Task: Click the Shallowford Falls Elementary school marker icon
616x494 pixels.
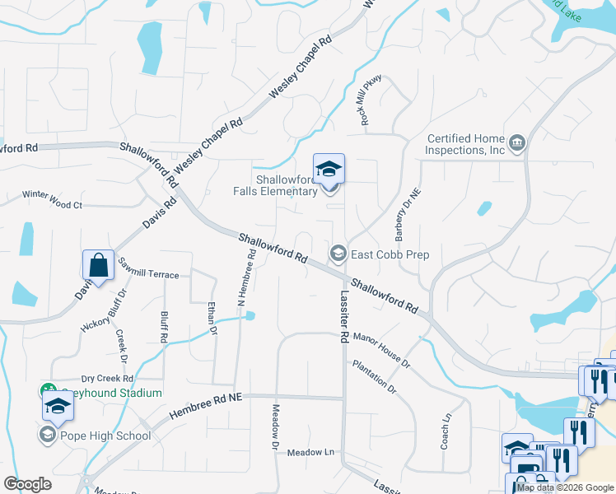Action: click(x=329, y=170)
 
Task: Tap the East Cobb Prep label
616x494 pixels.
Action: click(x=390, y=254)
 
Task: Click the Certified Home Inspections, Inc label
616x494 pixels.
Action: click(x=465, y=145)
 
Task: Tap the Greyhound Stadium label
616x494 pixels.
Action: click(x=107, y=393)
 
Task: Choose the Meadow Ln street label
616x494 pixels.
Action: click(x=311, y=453)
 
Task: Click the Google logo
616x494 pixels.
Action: click(x=28, y=484)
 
